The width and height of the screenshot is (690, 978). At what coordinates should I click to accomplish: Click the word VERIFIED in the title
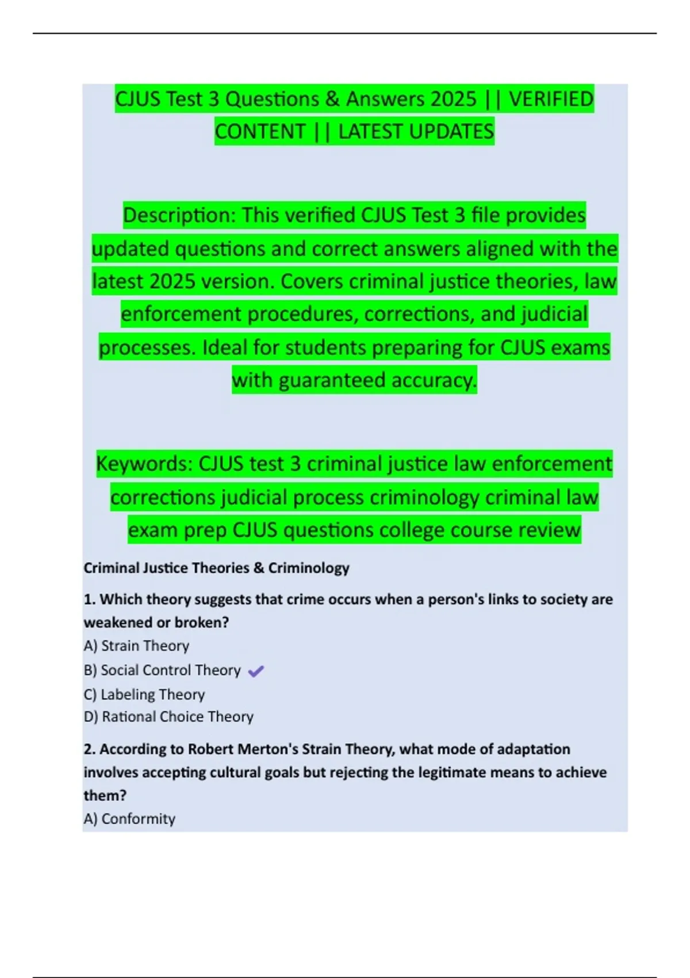pyautogui.click(x=551, y=99)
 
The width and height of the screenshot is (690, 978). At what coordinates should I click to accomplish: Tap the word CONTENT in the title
pyautogui.click(x=260, y=132)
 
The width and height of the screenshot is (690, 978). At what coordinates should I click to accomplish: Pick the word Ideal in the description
pyautogui.click(x=225, y=347)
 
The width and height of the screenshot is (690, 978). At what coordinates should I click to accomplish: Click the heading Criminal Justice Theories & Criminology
pyautogui.click(x=216, y=568)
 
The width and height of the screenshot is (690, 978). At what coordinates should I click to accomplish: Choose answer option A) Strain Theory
pyautogui.click(x=136, y=646)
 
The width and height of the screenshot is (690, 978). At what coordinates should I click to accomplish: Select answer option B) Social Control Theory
pyautogui.click(x=162, y=670)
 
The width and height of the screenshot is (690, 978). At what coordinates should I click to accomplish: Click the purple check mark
pyautogui.click(x=256, y=671)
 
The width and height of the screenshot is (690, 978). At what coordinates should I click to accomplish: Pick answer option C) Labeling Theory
pyautogui.click(x=144, y=694)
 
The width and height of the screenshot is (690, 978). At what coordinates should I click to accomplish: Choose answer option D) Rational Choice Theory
pyautogui.click(x=168, y=717)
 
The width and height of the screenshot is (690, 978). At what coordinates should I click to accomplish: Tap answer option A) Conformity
pyautogui.click(x=129, y=819)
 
